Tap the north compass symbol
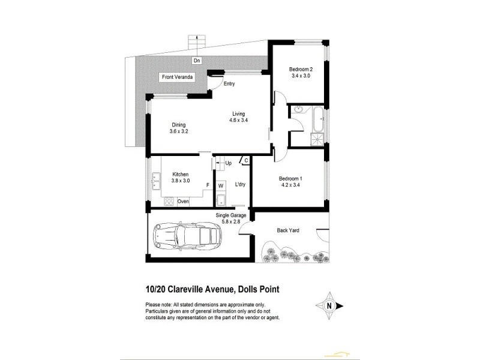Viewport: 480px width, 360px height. (328, 306)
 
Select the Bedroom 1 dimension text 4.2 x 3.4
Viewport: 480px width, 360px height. (289, 185)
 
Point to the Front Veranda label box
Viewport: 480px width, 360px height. (175, 77)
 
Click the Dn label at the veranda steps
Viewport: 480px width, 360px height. (197, 61)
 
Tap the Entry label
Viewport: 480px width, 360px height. (229, 84)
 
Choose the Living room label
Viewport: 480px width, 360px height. (239, 114)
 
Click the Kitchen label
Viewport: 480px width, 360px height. (181, 174)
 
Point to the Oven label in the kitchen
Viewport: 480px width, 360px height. (183, 202)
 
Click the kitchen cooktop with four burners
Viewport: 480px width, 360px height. (167, 202)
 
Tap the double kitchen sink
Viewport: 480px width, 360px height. (156, 178)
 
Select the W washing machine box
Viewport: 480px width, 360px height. (220, 185)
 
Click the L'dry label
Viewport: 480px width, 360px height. (239, 185)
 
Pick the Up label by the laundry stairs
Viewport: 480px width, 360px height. (228, 163)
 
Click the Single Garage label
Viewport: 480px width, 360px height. (232, 215)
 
